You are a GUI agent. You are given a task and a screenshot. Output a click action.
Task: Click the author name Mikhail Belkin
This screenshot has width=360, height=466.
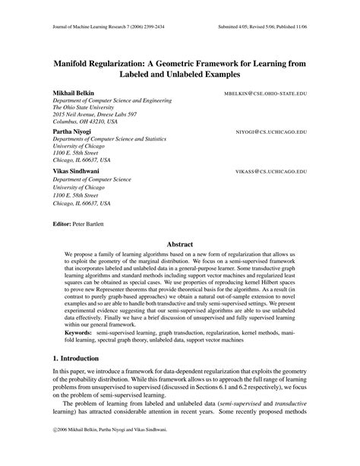click(74, 90)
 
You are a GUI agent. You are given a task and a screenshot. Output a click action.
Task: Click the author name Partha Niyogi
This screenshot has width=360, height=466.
click(71, 131)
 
